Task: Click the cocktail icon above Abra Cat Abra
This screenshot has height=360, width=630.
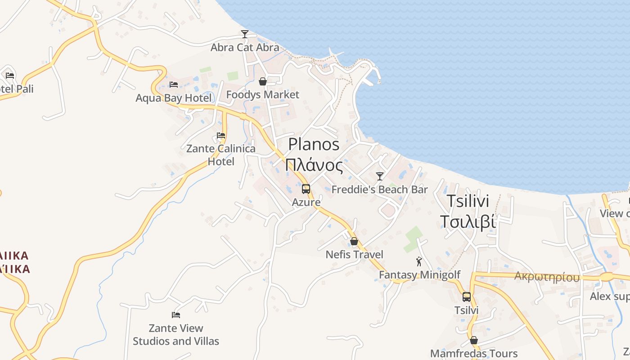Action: [245, 34]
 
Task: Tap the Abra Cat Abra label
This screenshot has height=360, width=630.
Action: [245, 47]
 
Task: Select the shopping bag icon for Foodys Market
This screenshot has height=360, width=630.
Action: [263, 81]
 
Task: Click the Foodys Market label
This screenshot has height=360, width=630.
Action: [263, 94]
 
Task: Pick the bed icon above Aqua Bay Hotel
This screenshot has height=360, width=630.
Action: [174, 85]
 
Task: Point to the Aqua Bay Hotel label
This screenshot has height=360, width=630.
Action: [174, 98]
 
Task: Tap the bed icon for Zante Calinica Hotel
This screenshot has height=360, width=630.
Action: [221, 135]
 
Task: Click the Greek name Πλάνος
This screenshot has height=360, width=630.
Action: [314, 165]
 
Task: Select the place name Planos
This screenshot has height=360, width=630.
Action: [314, 144]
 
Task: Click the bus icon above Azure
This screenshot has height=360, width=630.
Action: [306, 189]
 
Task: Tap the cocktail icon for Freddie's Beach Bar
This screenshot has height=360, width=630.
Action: [380, 176]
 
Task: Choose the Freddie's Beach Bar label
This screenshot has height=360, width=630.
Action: [380, 189]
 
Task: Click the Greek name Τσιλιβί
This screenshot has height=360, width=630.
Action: [468, 222]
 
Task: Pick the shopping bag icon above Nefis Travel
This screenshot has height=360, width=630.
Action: [354, 242]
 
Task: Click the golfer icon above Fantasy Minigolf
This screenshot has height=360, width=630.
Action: [419, 261]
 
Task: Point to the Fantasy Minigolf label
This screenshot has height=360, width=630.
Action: [420, 274]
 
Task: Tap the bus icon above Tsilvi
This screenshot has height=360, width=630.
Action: [467, 297]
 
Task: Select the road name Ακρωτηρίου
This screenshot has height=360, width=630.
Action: [547, 277]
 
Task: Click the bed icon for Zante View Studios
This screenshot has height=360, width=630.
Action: [176, 315]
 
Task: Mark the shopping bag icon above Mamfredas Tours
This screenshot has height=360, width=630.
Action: [473, 341]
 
